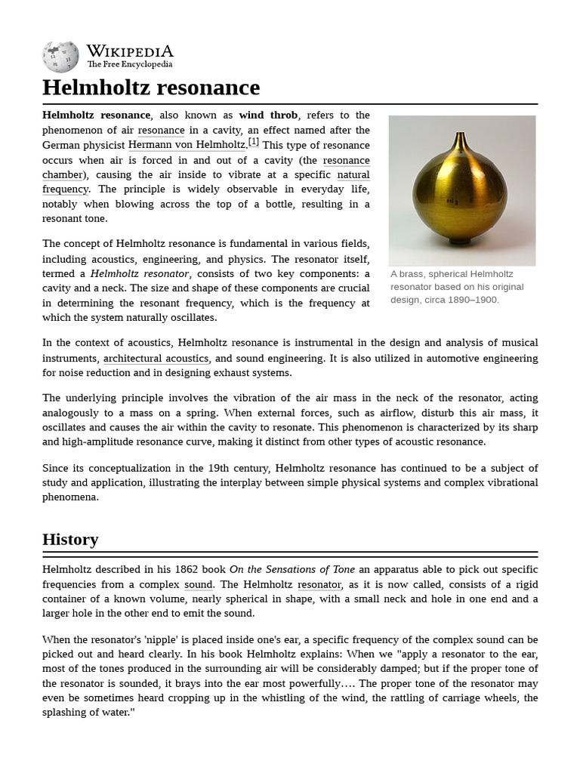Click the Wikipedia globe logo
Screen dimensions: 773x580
pos(60,57)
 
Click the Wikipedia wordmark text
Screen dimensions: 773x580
pos(129,51)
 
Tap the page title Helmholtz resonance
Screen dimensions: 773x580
pos(151,88)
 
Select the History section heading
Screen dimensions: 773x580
pos(70,539)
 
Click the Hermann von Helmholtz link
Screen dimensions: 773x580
pos(187,145)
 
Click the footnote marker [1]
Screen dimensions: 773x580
pos(254,142)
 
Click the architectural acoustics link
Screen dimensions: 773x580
pos(156,359)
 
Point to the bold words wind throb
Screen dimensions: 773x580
pos(268,115)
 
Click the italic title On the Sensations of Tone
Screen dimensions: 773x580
pos(292,570)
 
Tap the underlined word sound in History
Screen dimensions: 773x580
pos(198,584)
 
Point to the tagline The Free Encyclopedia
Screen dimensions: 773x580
pos(129,65)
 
